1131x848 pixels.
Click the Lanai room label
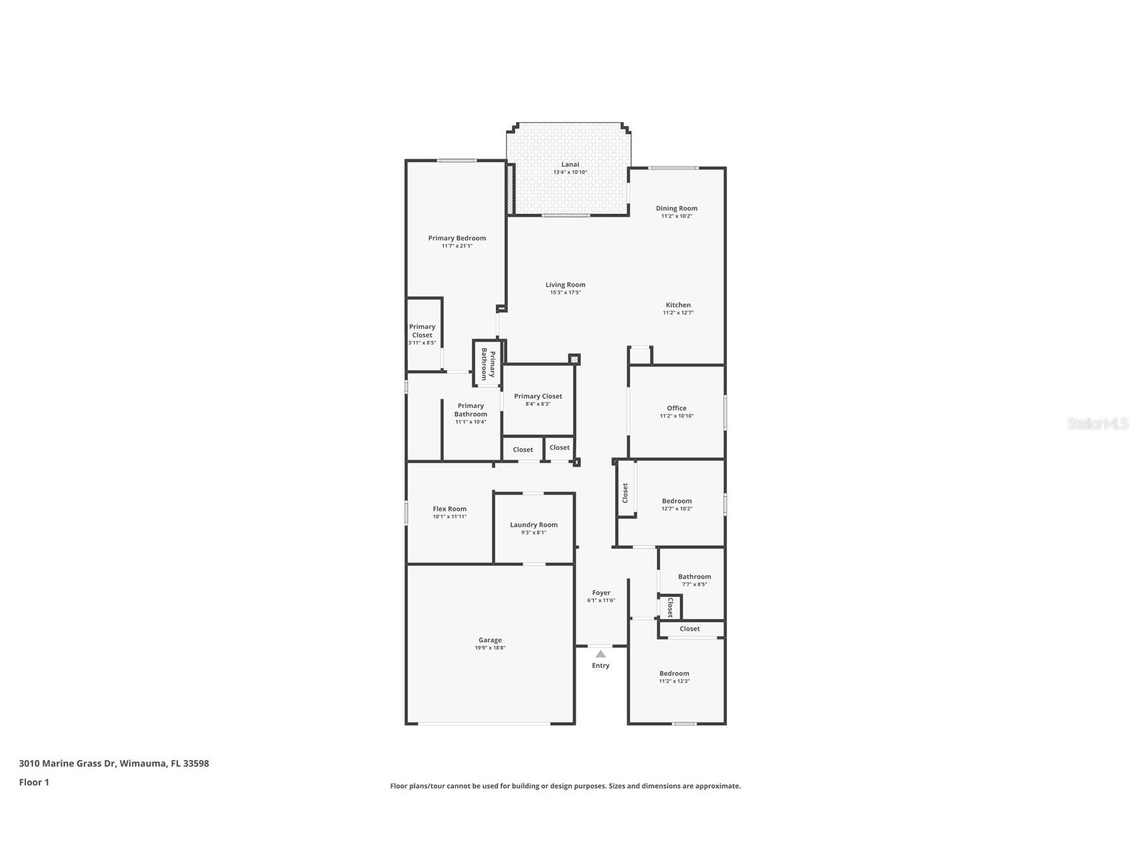tap(570, 164)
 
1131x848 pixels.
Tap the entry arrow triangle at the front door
tap(600, 654)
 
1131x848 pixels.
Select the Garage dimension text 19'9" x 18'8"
tap(490, 648)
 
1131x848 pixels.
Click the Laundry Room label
tap(534, 525)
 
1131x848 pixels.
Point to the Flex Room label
tap(450, 509)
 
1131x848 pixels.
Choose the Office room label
tap(676, 408)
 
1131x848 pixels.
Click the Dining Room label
tap(676, 208)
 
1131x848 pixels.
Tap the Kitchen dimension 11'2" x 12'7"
tap(678, 313)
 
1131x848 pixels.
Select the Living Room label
tap(565, 285)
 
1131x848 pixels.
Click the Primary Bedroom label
tap(457, 238)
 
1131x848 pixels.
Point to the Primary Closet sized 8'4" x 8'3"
tap(538, 396)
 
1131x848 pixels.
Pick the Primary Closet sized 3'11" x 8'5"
tap(422, 331)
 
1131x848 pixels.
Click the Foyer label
tap(601, 593)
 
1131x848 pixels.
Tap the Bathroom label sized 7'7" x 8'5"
tap(694, 577)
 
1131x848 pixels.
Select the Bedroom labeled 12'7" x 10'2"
tap(676, 501)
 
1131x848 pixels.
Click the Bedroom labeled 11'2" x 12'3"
tap(674, 673)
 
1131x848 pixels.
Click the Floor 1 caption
tap(34, 783)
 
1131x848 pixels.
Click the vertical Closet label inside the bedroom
tap(625, 493)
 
